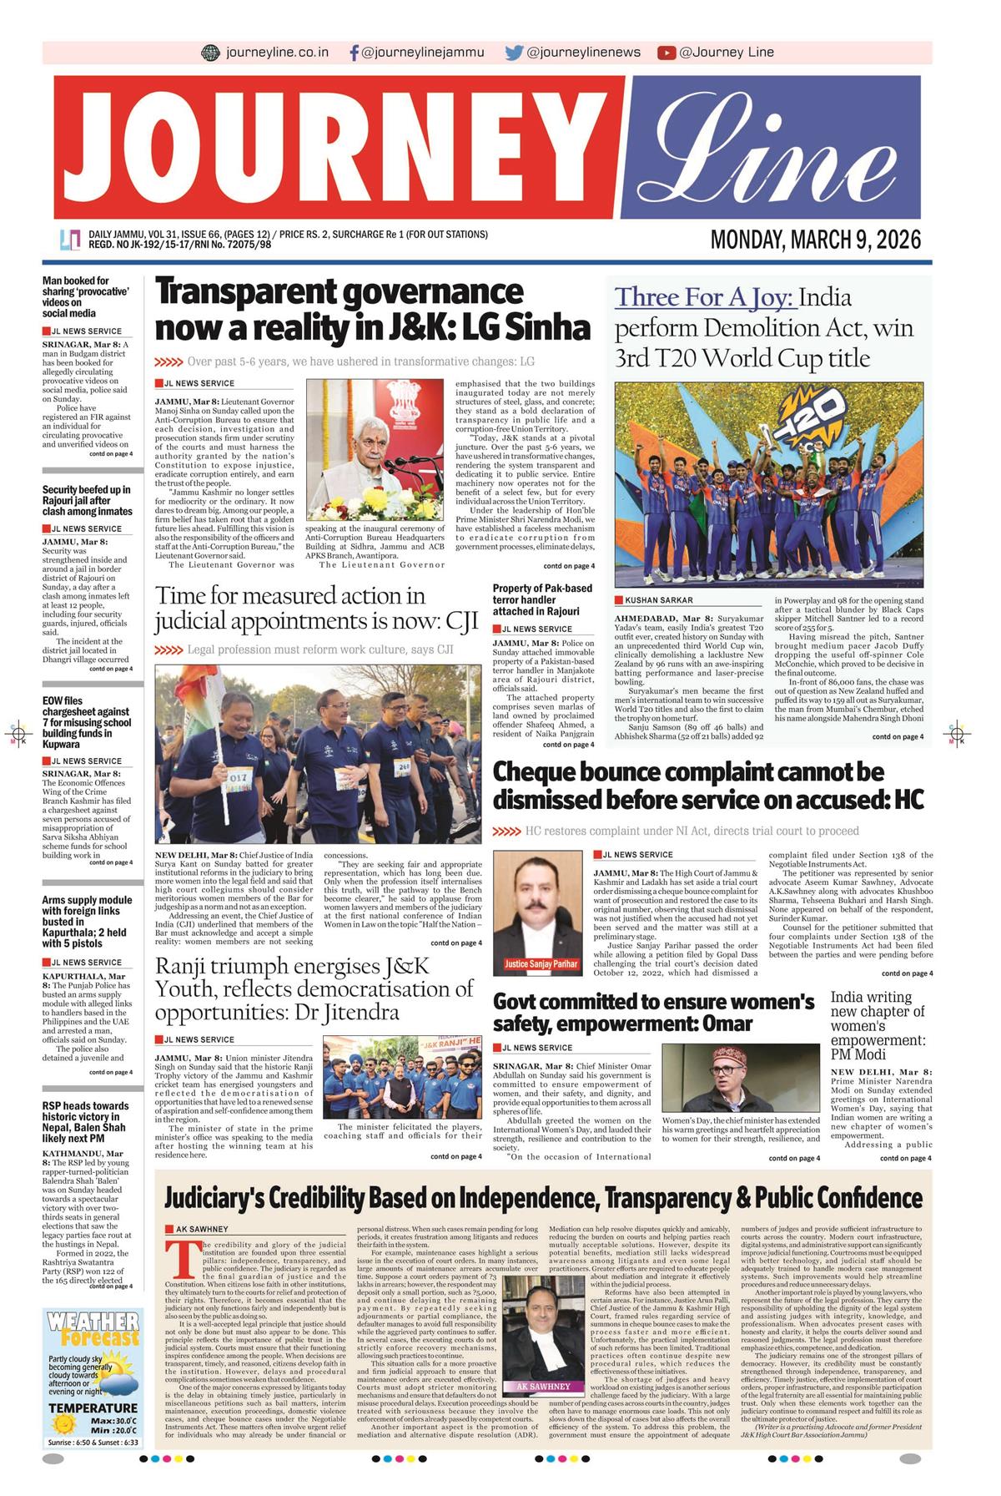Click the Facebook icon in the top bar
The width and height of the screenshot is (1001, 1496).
(x=355, y=53)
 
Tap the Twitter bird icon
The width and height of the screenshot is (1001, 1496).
(x=514, y=53)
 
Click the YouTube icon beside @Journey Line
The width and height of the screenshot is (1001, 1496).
(x=666, y=53)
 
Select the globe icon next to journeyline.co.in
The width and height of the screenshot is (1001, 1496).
(x=211, y=53)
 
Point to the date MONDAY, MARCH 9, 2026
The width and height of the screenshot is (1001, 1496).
(x=815, y=240)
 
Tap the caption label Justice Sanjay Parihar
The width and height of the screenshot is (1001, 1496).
(x=541, y=964)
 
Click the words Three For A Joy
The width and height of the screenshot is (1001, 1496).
(x=705, y=298)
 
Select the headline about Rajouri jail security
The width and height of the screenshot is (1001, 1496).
(x=87, y=500)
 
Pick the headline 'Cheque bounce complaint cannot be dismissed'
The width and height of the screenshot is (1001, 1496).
(x=708, y=786)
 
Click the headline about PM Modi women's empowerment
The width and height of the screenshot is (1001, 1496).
(x=878, y=1026)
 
